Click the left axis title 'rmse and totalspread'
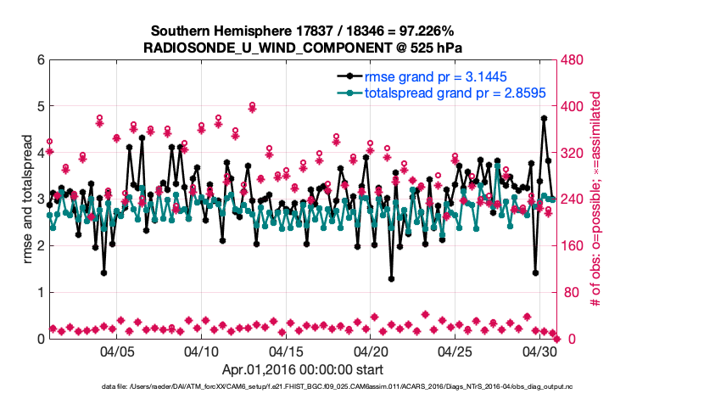[18, 199]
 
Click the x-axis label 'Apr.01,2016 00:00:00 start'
[302, 370]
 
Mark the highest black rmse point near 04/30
[543, 118]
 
